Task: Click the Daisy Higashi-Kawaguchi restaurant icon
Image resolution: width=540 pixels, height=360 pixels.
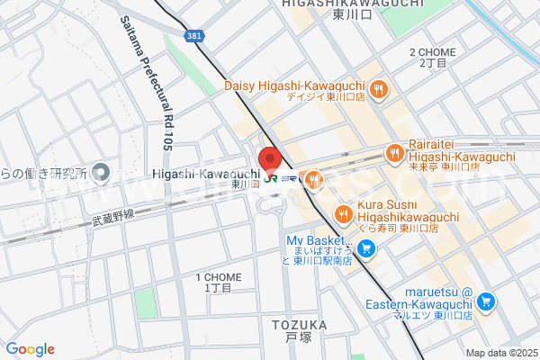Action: pos(380,89)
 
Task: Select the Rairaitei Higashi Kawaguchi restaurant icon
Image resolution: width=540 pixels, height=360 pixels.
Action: pos(394,154)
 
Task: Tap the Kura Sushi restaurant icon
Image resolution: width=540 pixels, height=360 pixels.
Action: pos(343,214)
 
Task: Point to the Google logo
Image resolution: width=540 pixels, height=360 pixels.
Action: pos(30,349)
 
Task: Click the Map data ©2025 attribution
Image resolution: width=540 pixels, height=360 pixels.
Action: pos(500,353)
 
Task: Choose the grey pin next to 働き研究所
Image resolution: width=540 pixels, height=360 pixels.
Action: pos(101,172)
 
